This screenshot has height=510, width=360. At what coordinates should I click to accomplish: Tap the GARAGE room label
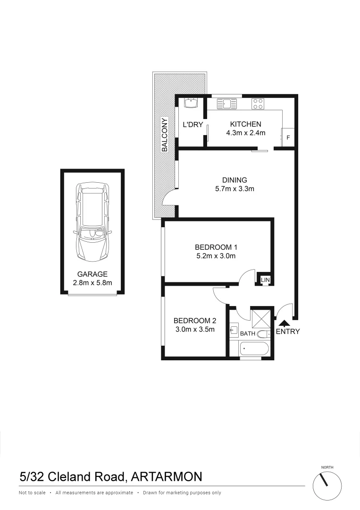[93, 274]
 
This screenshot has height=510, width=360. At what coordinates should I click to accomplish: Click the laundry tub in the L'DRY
[190, 102]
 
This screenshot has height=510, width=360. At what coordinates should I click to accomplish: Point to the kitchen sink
[226, 103]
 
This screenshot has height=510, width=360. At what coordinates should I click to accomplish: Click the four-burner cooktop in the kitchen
[258, 103]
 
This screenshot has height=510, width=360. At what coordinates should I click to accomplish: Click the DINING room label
[234, 180]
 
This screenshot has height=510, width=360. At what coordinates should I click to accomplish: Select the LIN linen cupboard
[266, 280]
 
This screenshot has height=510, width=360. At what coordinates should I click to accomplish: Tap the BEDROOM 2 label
[194, 319]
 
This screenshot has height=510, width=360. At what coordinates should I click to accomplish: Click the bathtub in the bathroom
[254, 350]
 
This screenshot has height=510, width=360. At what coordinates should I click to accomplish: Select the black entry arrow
[284, 323]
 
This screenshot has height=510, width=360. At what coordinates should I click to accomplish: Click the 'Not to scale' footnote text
[32, 493]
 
